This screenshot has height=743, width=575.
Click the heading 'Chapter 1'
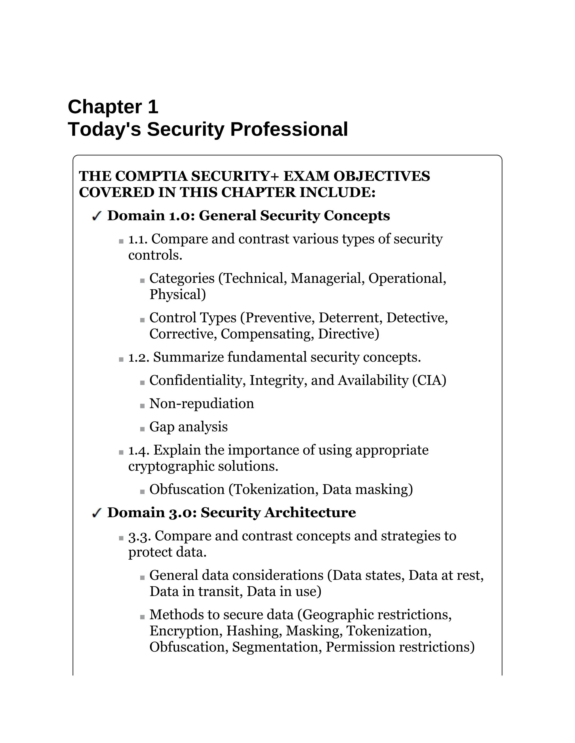tap(113, 107)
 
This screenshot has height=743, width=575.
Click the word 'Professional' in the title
tap(289, 129)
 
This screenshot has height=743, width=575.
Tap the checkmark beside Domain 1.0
tap(97, 216)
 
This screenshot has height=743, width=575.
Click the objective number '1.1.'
tap(138, 239)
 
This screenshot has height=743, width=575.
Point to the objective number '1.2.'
tap(138, 357)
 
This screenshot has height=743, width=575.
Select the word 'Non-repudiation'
tap(202, 404)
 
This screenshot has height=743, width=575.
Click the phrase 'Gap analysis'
tap(188, 427)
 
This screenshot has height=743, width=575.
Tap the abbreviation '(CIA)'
tap(429, 380)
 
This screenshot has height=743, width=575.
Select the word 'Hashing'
tap(254, 631)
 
